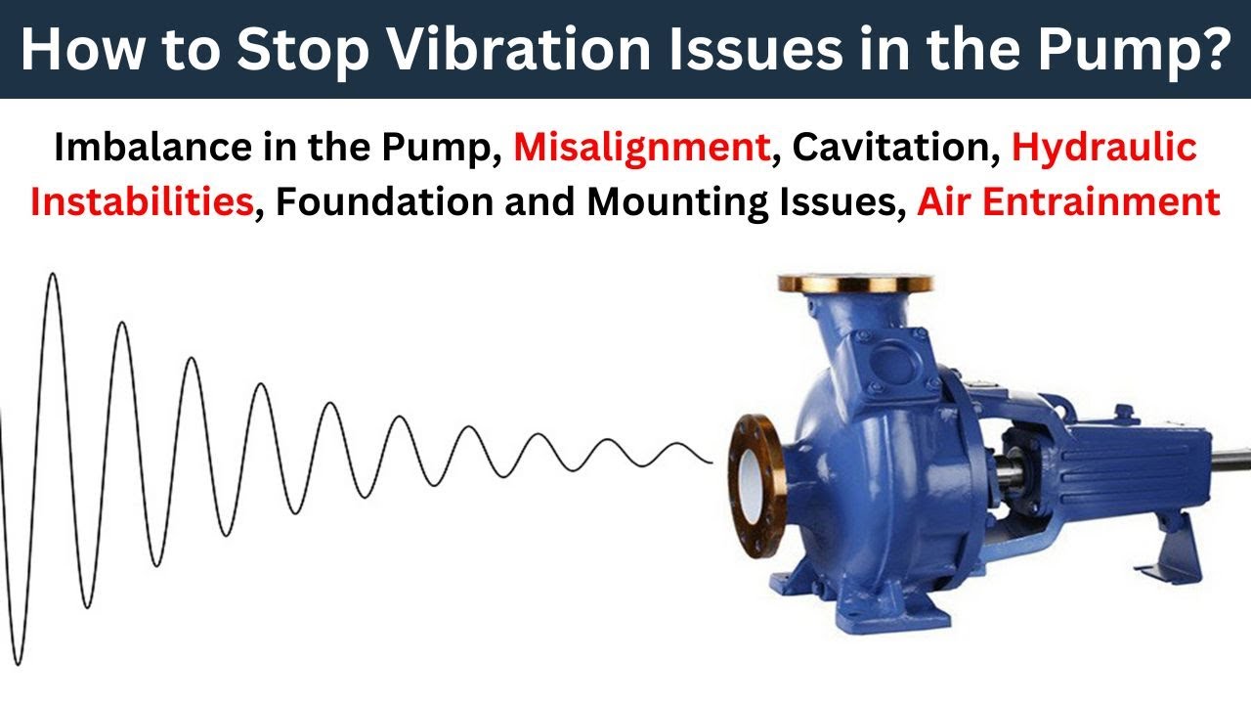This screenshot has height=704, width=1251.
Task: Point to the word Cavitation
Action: [x=890, y=147]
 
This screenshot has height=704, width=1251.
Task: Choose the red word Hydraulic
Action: [x=1104, y=149]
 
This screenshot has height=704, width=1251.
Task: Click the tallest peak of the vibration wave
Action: [x=53, y=277]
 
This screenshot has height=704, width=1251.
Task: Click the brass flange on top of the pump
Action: [x=854, y=284]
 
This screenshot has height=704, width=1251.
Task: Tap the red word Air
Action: [x=947, y=201]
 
